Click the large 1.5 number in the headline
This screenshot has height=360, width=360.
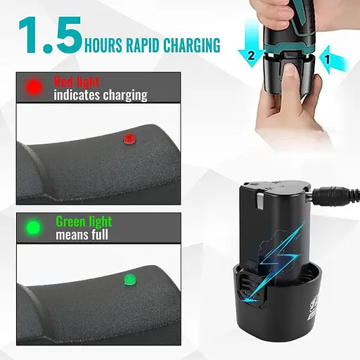coord(51,35)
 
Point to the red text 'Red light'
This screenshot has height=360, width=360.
coord(77,82)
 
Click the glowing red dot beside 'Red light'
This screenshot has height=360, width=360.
coord(34,86)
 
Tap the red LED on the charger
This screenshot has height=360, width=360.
coord(129,139)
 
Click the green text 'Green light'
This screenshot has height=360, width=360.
coord(84,221)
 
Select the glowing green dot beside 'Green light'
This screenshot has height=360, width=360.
coord(33,227)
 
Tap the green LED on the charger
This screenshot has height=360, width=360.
coord(130,279)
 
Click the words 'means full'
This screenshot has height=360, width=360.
coord(82,235)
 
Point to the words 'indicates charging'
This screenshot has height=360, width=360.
coord(101,95)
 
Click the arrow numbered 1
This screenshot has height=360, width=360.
coord(334,60)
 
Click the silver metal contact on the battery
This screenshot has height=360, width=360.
coord(260,202)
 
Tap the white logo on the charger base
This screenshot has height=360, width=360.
coord(311,309)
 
